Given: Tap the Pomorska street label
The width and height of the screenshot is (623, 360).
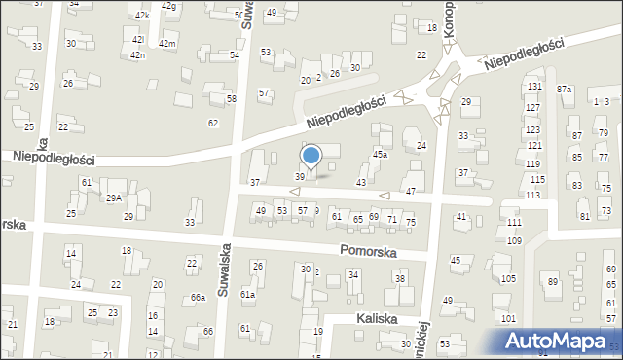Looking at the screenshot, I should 368,250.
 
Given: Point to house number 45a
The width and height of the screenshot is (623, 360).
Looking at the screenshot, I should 380,154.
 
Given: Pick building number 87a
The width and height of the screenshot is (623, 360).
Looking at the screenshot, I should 565,90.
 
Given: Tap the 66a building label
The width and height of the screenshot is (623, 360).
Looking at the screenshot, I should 198,297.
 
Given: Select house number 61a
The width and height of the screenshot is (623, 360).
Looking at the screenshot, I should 248,294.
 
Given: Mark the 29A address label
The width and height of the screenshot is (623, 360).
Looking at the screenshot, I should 114,198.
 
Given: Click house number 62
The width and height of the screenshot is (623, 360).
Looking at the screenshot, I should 213,123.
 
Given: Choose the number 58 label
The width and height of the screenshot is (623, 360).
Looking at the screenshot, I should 232,99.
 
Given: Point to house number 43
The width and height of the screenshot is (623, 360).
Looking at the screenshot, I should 361,183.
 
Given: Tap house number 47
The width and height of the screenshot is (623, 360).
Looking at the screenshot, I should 412,191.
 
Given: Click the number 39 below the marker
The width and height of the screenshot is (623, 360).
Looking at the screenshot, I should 300,176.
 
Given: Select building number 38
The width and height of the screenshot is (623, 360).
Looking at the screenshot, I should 399,279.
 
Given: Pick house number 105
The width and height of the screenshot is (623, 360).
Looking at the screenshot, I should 508,279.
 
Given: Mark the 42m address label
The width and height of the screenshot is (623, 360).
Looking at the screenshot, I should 166,44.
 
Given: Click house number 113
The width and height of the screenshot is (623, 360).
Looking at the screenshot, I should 532,195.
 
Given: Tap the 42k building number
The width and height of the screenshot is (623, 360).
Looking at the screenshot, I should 142,16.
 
